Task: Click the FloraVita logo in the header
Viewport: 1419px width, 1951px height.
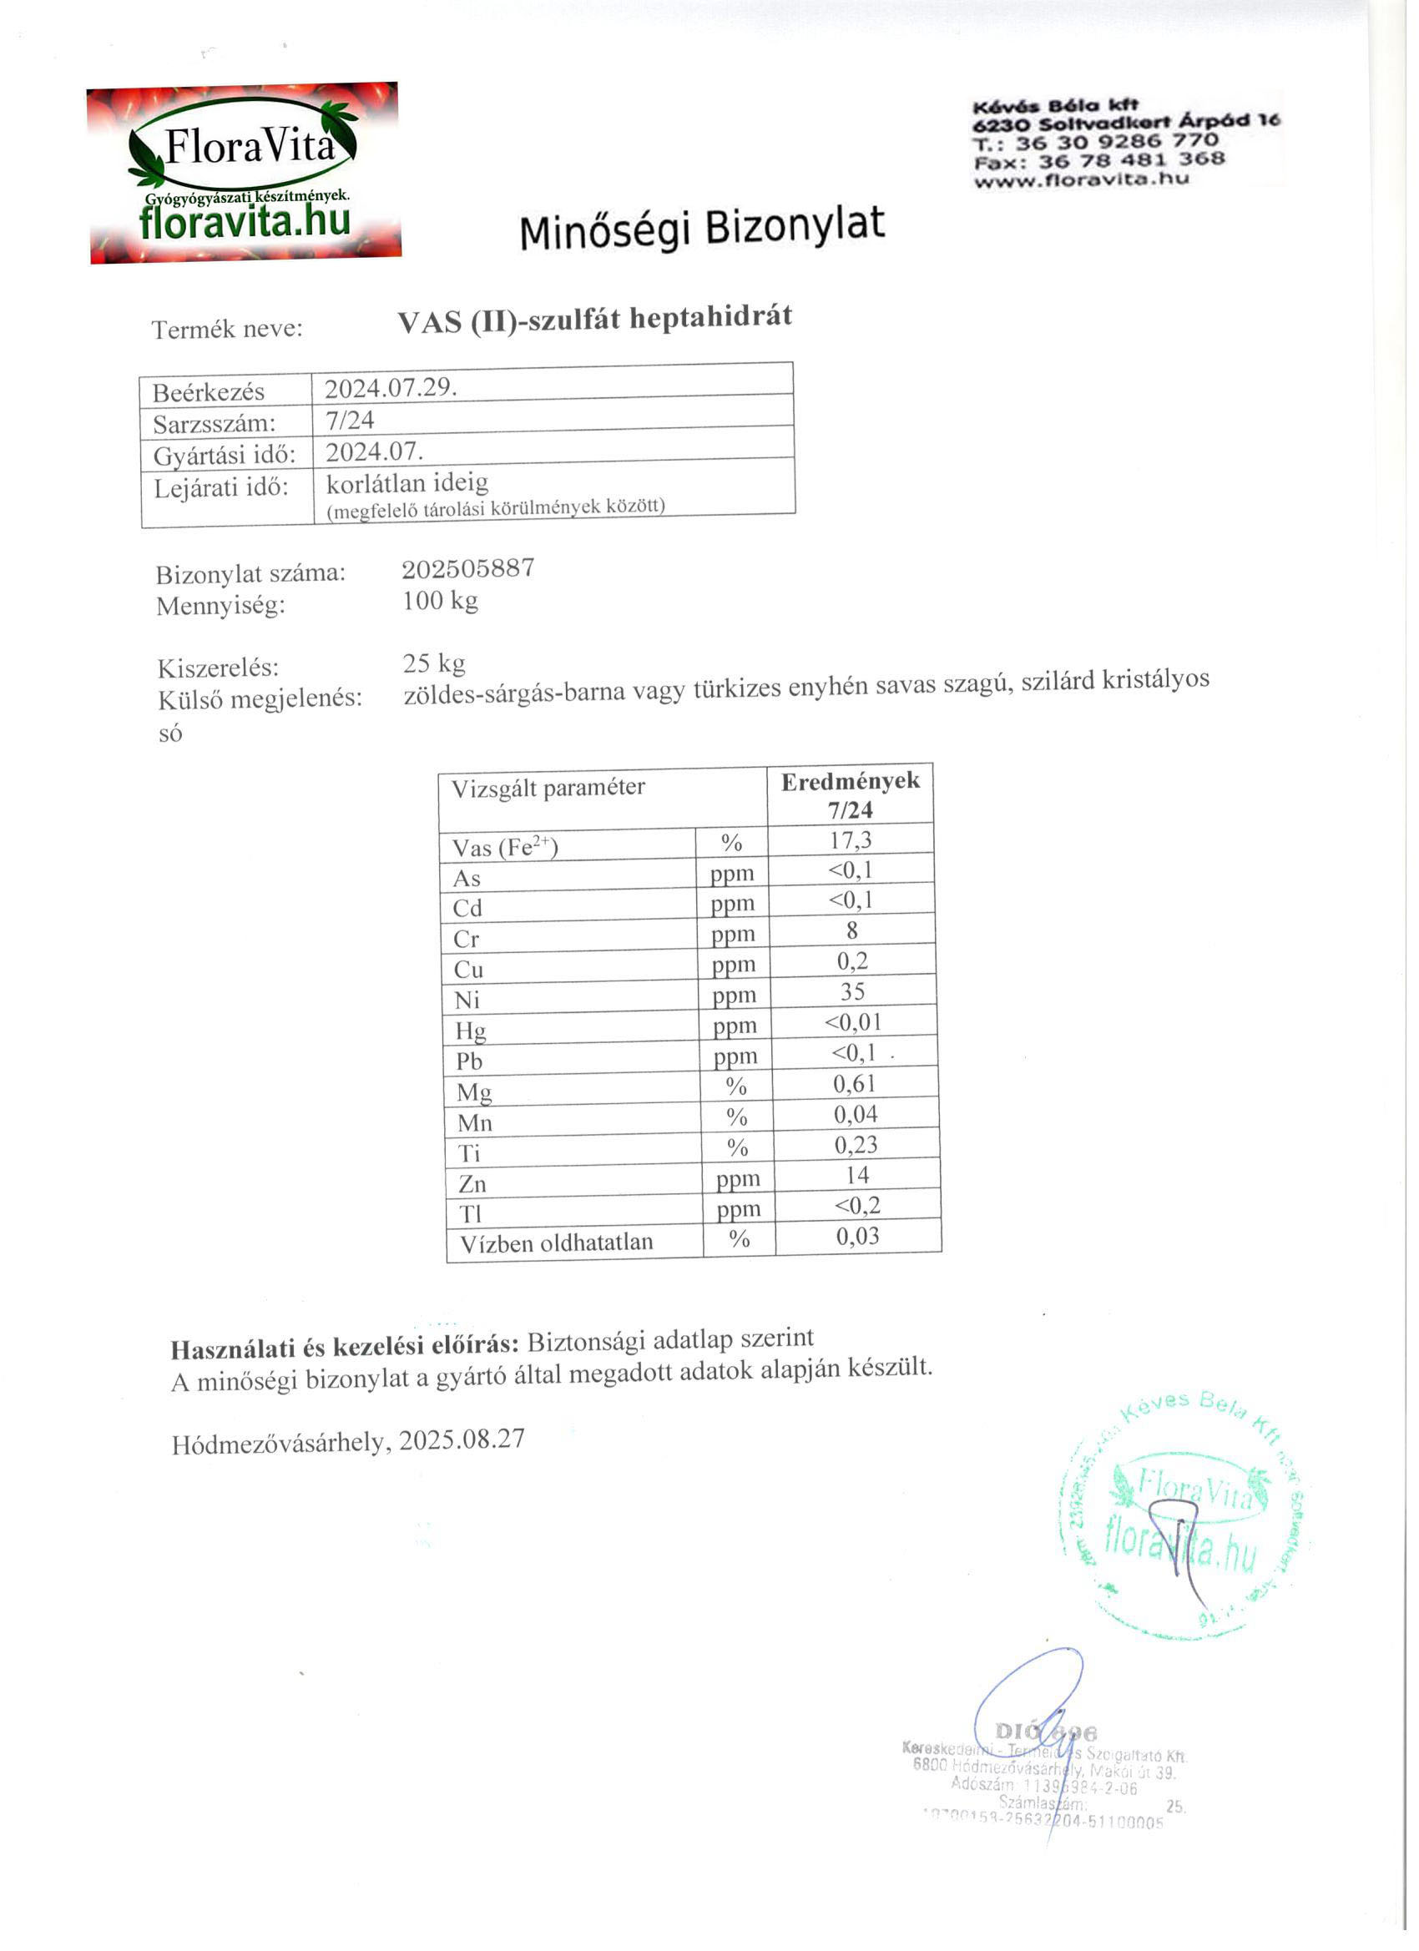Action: (x=245, y=172)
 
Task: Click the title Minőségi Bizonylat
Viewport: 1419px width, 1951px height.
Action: (x=701, y=228)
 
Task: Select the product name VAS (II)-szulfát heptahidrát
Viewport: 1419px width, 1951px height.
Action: (x=593, y=319)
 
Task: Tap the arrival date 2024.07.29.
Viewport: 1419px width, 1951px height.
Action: (x=390, y=388)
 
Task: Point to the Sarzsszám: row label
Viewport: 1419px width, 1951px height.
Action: (x=215, y=423)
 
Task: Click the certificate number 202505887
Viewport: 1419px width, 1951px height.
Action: (x=468, y=568)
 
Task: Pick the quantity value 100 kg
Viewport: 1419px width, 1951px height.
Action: (x=440, y=601)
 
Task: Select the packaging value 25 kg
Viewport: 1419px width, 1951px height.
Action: (x=434, y=663)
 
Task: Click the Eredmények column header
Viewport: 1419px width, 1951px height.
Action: (x=850, y=782)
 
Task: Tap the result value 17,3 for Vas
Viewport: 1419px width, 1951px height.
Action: (x=851, y=839)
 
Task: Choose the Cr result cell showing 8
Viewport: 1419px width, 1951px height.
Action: (x=852, y=930)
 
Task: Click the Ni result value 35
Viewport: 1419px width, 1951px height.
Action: (x=852, y=991)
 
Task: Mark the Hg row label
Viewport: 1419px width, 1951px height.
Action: (x=471, y=1030)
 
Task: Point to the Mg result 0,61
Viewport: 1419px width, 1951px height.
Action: (x=855, y=1083)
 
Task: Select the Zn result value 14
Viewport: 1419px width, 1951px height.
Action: (x=857, y=1175)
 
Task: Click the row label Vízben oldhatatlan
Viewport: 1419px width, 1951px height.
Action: (x=556, y=1243)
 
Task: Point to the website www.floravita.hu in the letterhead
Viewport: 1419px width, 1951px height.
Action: (x=1082, y=179)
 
